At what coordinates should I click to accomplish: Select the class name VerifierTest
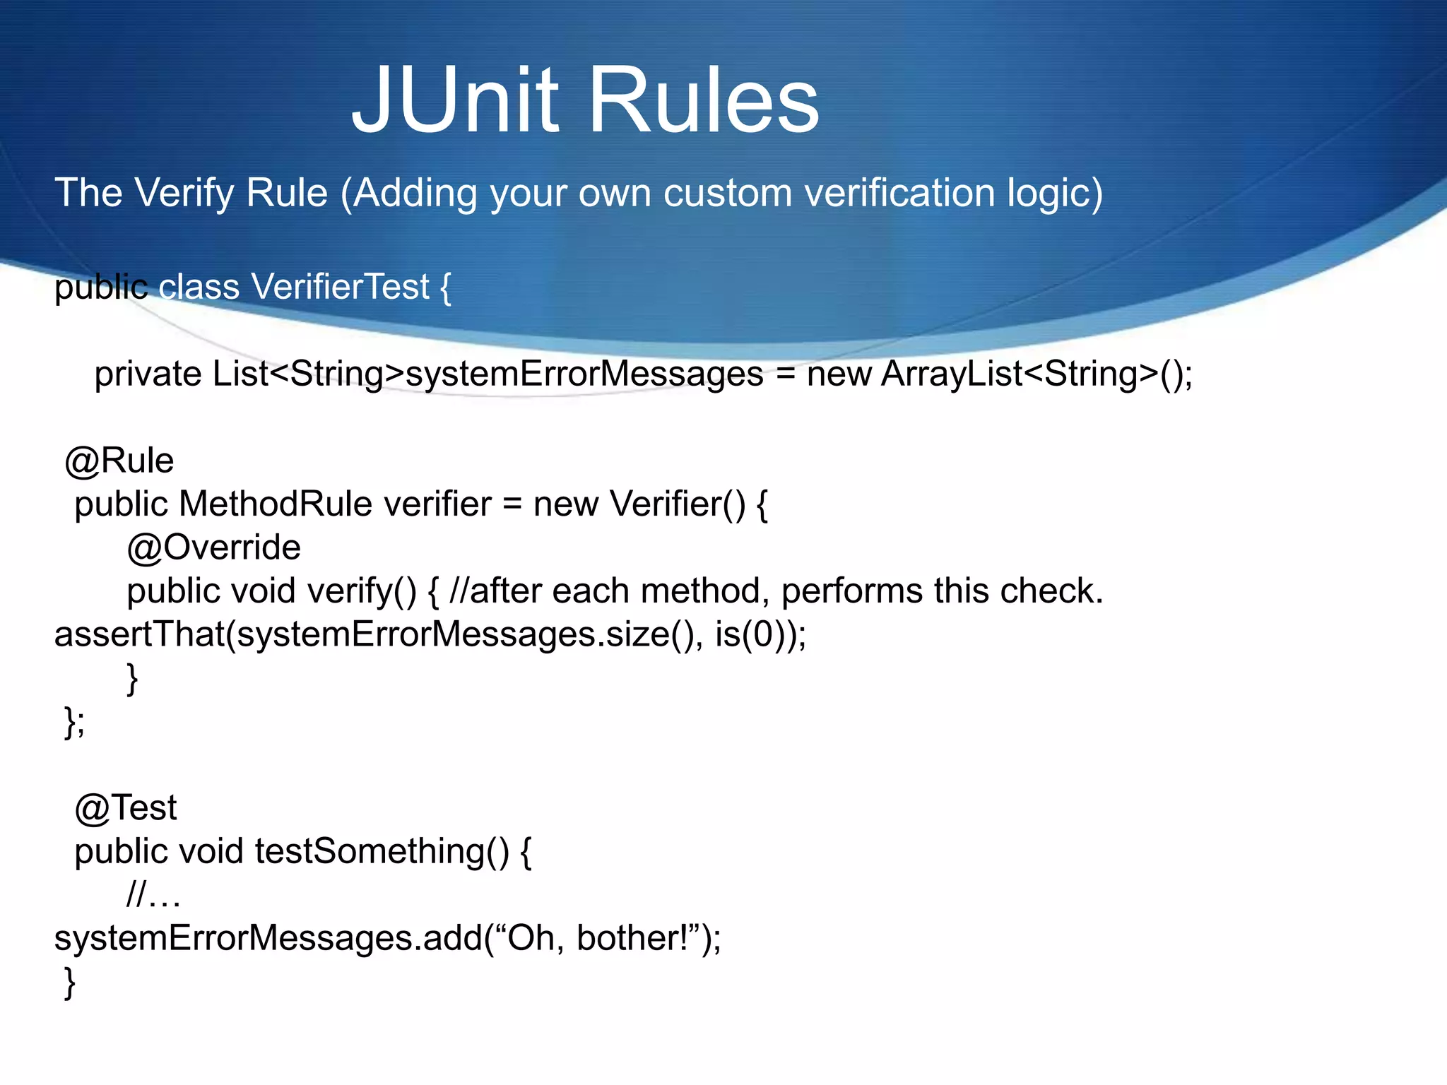340,287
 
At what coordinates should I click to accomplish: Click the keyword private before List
148,374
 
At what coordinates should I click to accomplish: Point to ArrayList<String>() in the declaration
1036,374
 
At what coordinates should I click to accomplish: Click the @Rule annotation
119,461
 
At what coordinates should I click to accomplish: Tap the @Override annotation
213,548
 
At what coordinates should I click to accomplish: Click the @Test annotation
126,808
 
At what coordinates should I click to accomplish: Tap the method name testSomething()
382,851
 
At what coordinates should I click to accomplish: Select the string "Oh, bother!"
598,938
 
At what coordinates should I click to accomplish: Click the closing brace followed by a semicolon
74,722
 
